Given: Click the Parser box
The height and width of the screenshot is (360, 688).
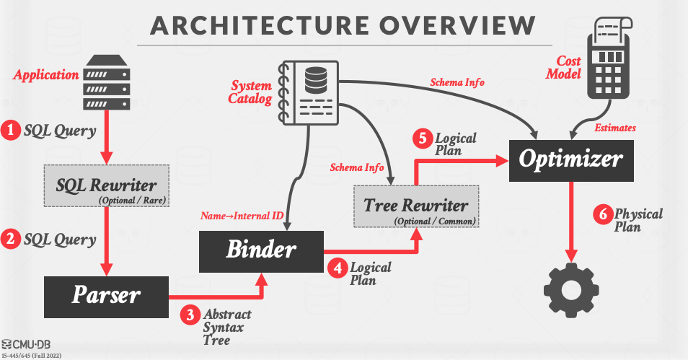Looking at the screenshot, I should pyautogui.click(x=106, y=296).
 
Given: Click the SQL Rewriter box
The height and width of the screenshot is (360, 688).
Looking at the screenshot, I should pyautogui.click(x=107, y=185).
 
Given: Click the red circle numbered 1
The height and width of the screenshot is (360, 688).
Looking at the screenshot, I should pyautogui.click(x=11, y=131).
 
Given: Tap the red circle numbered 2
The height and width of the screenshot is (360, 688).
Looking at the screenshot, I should pyautogui.click(x=11, y=239).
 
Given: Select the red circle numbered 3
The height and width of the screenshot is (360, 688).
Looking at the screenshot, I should pyautogui.click(x=190, y=315).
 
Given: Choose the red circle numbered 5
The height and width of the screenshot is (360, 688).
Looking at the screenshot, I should pyautogui.click(x=423, y=138).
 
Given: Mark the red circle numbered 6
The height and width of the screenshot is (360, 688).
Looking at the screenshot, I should pyautogui.click(x=601, y=214).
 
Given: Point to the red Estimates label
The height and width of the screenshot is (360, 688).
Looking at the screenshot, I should pyautogui.click(x=615, y=128).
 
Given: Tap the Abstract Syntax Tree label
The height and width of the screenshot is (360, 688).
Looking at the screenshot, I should pyautogui.click(x=227, y=327).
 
